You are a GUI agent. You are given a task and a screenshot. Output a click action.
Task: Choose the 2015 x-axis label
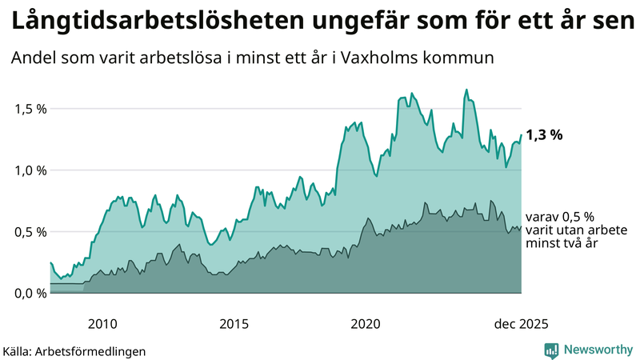pyautogui.click(x=234, y=324)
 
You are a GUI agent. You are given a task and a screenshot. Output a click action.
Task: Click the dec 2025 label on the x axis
pyautogui.click(x=521, y=324)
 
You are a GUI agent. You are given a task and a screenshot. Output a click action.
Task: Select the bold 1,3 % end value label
pyautogui.click(x=544, y=135)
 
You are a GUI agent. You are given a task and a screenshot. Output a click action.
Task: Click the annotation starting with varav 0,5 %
pyautogui.click(x=560, y=230)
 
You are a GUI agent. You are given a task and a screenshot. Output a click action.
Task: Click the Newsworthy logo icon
pyautogui.click(x=551, y=350)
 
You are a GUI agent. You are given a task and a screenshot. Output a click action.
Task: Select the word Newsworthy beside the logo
pyautogui.click(x=598, y=350)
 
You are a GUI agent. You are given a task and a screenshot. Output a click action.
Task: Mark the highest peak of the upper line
pyautogui.click(x=466, y=90)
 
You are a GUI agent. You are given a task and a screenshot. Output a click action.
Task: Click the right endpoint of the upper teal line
pyautogui.click(x=521, y=134)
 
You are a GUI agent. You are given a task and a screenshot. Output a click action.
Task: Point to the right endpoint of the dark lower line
pyautogui.click(x=521, y=227)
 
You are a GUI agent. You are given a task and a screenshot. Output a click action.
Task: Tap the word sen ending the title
pyautogui.click(x=612, y=22)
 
